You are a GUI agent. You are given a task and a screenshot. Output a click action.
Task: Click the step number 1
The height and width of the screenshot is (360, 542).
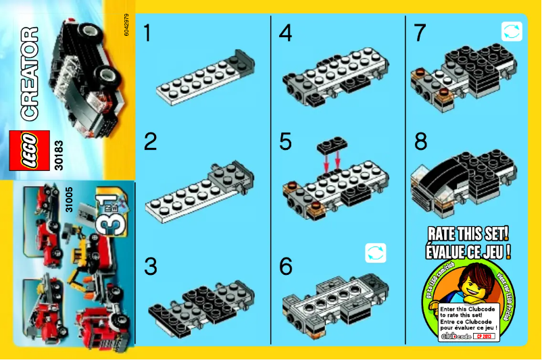(x=148, y=33)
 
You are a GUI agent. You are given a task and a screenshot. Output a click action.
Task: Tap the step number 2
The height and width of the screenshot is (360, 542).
(x=150, y=142)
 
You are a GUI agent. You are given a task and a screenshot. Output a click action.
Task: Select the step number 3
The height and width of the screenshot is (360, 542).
(x=150, y=266)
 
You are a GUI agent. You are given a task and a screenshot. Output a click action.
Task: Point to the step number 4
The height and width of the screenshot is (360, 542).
(x=285, y=33)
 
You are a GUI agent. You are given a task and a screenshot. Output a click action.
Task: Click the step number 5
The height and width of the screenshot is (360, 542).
(x=285, y=142)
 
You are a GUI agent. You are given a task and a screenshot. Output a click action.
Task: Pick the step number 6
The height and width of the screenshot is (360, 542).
(x=285, y=266)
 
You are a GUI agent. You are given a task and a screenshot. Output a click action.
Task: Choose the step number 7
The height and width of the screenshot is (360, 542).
(x=420, y=33)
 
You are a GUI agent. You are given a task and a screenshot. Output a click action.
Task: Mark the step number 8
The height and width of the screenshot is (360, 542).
(x=420, y=142)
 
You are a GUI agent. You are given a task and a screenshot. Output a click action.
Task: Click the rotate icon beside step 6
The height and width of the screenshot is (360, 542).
(x=375, y=253)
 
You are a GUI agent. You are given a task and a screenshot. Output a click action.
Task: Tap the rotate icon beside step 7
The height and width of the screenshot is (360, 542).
(x=512, y=31)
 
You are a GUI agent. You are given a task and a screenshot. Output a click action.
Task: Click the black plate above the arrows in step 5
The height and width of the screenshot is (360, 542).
(x=332, y=147)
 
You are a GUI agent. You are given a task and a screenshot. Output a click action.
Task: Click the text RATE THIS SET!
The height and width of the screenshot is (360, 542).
(x=467, y=234)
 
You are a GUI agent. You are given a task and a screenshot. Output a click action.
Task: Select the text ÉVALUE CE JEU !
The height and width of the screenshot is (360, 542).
(x=467, y=251)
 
